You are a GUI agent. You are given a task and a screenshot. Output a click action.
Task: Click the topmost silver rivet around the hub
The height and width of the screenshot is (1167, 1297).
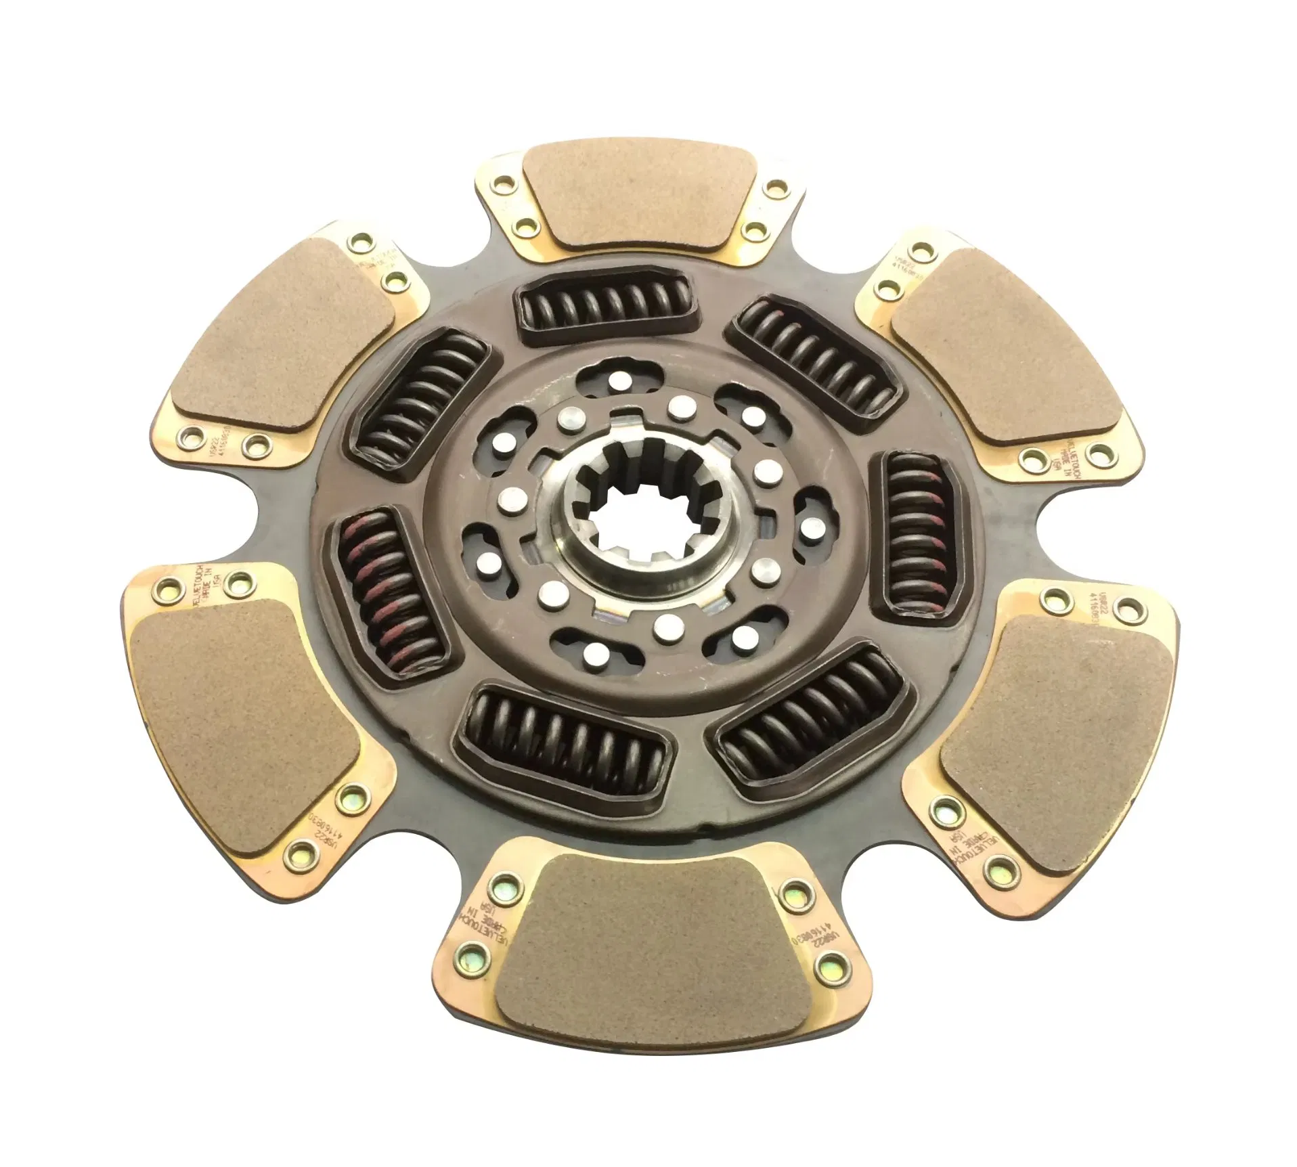click(x=615, y=382)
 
